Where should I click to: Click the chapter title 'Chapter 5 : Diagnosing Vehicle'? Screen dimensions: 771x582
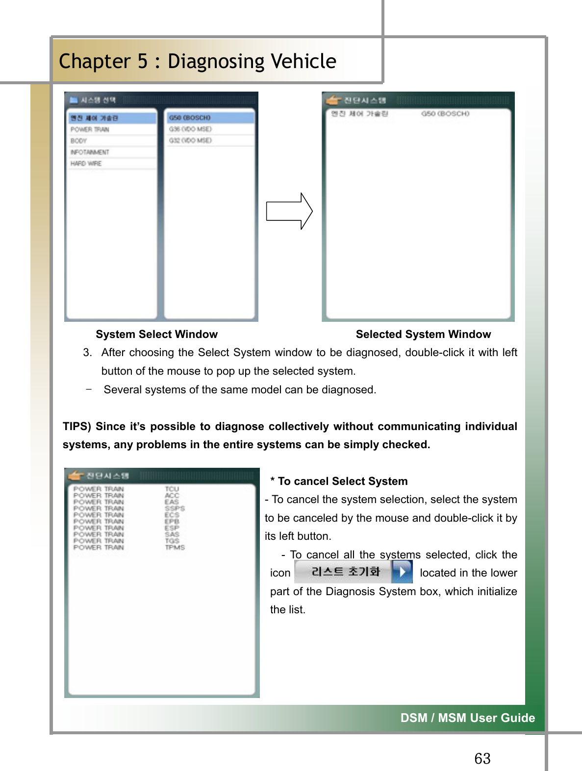198,61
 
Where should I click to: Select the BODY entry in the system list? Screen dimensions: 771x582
79,141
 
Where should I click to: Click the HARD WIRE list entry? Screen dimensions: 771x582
86,164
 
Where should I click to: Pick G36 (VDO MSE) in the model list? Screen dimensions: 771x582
190,129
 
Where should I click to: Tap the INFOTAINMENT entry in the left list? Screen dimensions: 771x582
90,152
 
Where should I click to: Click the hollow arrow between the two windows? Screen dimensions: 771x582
289,211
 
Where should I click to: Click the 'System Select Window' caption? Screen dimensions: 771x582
156,334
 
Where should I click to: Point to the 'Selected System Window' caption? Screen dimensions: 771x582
423,334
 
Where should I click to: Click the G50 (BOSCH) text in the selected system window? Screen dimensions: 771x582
445,114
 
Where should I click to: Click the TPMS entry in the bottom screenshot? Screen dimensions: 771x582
175,548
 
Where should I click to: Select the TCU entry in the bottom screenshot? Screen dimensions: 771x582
172,489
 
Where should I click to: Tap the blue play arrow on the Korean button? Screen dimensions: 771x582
402,572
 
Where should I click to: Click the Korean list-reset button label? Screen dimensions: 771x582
346,572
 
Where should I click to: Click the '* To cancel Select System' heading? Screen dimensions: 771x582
339,481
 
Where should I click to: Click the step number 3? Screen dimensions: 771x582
87,353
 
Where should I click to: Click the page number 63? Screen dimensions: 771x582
482,759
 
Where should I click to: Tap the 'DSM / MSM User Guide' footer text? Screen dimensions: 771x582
467,718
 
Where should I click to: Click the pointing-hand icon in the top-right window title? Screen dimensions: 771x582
333,100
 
